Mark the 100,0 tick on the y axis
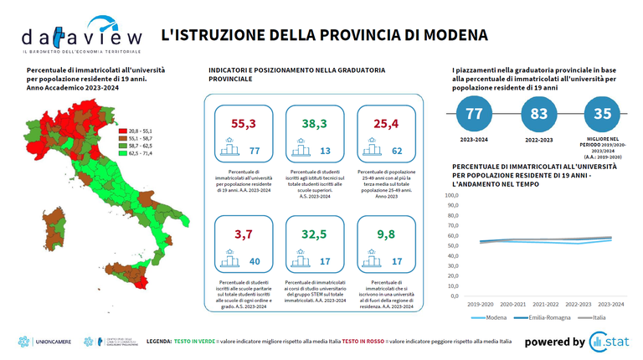(x=452, y=195)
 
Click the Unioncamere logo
(x=44, y=342)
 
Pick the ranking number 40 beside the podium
(x=255, y=262)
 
